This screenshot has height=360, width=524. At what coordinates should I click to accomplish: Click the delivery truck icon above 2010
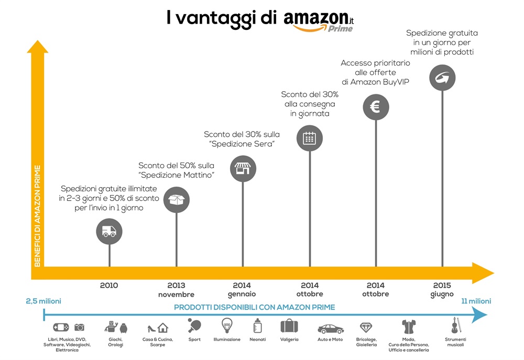[110, 232]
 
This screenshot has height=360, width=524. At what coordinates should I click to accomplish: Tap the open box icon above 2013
[177, 200]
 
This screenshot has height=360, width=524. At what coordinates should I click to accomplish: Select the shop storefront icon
[243, 169]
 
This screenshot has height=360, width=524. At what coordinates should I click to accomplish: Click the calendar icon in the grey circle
[310, 138]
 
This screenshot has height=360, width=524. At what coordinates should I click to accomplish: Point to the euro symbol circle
[376, 107]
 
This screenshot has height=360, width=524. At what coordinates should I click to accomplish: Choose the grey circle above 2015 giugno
[442, 78]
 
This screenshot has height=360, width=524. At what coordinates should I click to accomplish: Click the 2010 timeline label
[109, 286]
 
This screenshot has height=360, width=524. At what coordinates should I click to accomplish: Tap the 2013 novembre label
[177, 290]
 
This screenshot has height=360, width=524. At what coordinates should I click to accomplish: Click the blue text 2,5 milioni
[43, 301]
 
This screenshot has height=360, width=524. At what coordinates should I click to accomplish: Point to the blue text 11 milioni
[476, 301]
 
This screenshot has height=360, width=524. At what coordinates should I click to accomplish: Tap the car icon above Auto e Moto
[330, 329]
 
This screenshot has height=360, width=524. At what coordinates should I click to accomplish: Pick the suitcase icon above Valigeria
[289, 326]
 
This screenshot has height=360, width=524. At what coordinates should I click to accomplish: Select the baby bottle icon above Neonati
[257, 326]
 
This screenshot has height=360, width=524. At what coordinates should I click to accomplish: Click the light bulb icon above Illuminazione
[227, 326]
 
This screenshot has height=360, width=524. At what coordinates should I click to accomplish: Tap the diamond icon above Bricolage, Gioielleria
[366, 328]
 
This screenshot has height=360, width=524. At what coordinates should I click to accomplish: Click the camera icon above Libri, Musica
[79, 327]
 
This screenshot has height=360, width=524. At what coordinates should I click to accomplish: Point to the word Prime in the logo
[341, 29]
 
